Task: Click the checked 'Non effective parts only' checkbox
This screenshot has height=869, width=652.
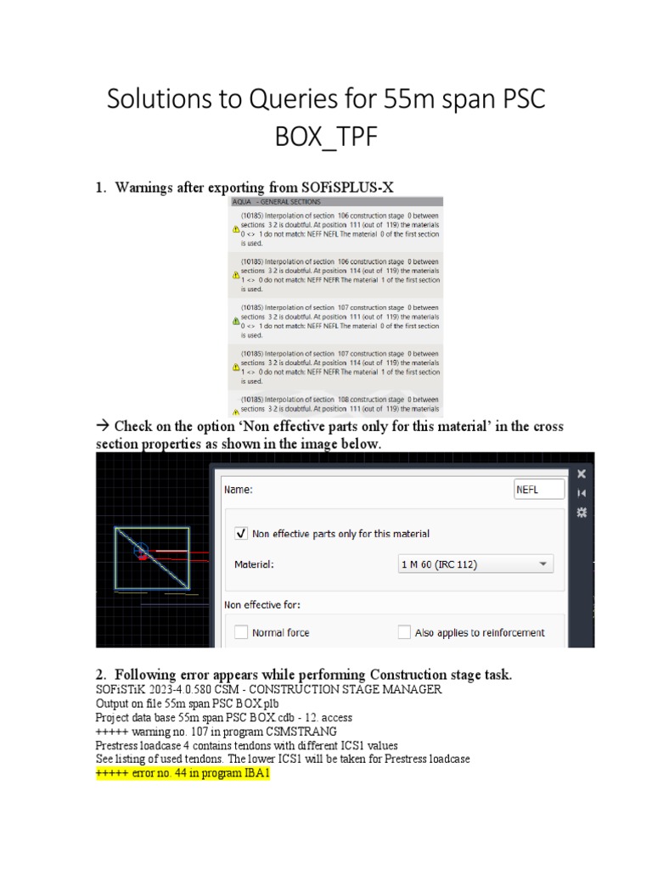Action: pos(241,534)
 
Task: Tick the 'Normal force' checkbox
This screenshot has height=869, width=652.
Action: pos(241,632)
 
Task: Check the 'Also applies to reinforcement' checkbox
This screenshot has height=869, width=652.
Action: pos(405,632)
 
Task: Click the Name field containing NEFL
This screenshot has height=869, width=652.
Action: pos(539,490)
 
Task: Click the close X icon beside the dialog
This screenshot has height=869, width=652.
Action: pos(582,474)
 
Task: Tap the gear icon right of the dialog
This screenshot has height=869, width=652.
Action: pos(582,512)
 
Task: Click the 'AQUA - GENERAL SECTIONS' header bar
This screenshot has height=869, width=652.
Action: pos(335,202)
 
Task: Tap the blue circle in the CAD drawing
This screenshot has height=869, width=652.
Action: pos(141,550)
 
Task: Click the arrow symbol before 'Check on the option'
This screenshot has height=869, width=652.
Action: pos(103,426)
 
